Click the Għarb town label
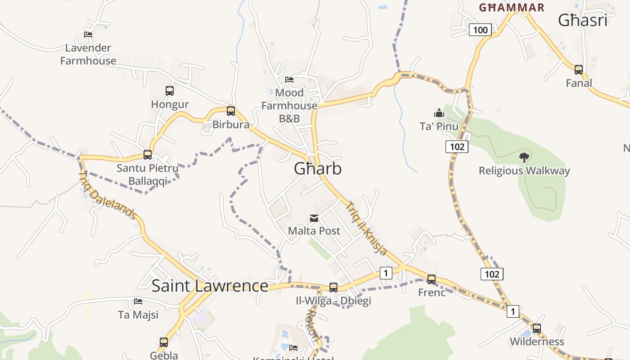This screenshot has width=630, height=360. [x=318, y=168]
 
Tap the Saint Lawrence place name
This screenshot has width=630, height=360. [x=210, y=286]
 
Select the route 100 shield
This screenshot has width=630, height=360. [x=481, y=30]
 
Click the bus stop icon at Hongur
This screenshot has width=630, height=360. [x=170, y=91]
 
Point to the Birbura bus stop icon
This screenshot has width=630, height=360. [x=231, y=111]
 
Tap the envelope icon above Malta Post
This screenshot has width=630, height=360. [x=314, y=219]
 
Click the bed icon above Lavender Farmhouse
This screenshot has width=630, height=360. [x=88, y=34]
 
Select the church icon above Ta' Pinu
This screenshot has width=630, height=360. [x=439, y=112]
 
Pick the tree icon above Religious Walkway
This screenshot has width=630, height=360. [x=524, y=157]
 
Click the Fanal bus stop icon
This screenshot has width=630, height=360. [x=579, y=70]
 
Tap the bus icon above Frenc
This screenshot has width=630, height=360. [x=432, y=279]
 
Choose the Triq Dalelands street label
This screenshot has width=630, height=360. [x=108, y=195]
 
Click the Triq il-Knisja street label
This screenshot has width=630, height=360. [x=366, y=228]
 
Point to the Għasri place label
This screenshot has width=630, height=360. [x=583, y=20]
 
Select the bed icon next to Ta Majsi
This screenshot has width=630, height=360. [x=138, y=301]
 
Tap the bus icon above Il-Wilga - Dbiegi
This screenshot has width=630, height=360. [x=333, y=287]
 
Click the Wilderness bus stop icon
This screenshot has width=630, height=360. [x=536, y=328]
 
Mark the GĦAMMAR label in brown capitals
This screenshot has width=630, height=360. [x=512, y=7]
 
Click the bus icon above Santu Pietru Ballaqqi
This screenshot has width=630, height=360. [x=148, y=155]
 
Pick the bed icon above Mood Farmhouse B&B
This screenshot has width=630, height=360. [x=289, y=80]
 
